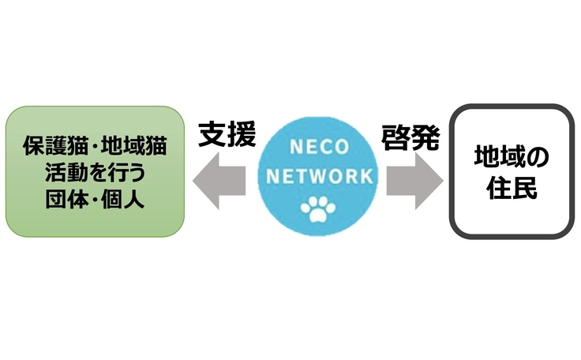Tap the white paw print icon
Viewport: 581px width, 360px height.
(317, 208)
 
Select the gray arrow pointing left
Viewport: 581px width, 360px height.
(219, 181)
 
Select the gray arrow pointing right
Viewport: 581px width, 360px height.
(414, 181)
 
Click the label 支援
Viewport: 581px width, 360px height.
(227, 135)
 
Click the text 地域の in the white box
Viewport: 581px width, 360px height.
(512, 156)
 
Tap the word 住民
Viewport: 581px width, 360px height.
(512, 189)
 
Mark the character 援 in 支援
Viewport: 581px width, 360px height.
(242, 135)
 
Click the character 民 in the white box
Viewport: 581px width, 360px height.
(527, 189)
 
